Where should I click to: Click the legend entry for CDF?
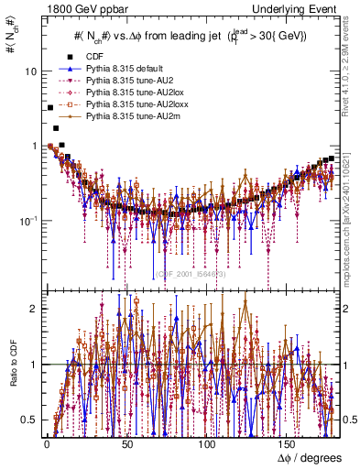coord(92,57)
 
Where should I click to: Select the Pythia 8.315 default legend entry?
coord(119,69)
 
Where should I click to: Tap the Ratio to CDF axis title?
coord(10,366)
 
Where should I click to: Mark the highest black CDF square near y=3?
coord(49,108)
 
